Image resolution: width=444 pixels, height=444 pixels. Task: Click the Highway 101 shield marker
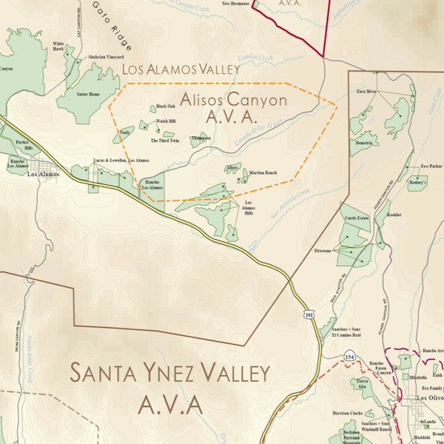click(308, 314)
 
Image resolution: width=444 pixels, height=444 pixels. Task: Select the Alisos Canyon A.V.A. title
click(223, 107)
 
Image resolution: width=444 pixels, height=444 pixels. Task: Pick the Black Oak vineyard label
click(166, 106)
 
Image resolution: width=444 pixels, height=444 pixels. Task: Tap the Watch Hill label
click(166, 121)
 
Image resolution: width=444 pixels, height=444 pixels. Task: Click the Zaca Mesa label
click(367, 91)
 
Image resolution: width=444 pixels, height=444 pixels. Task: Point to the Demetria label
click(363, 142)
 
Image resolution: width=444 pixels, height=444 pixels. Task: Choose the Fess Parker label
click(431, 166)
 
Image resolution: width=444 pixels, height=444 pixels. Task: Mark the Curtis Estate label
click(355, 218)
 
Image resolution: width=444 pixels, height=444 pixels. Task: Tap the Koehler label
click(394, 215)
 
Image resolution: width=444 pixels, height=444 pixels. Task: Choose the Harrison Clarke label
click(348, 413)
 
